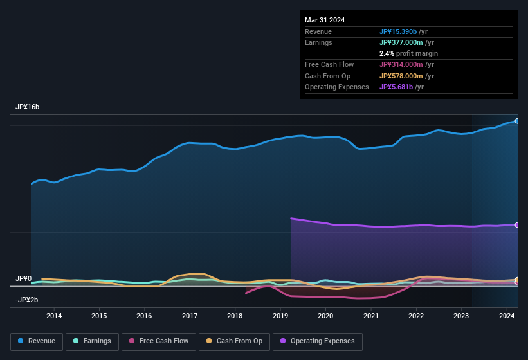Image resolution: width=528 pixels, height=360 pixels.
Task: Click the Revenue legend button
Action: [37, 341]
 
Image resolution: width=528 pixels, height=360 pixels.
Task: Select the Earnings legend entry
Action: [92, 341]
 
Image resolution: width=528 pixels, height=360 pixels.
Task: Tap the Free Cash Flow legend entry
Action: [159, 341]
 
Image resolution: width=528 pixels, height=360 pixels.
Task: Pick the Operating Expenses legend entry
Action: [318, 341]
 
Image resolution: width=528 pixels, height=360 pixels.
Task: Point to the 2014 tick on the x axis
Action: [54, 316]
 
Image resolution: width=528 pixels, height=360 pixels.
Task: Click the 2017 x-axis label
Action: [190, 316]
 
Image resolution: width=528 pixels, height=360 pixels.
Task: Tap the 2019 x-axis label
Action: [280, 316]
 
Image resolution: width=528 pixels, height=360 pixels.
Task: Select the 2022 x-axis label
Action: [416, 316]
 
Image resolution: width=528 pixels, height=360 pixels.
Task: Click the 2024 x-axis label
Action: [507, 316]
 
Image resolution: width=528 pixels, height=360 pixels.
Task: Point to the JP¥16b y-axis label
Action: [28, 107]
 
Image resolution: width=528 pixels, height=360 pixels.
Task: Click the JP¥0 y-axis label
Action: [23, 279]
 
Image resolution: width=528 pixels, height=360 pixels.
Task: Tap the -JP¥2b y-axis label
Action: [27, 300]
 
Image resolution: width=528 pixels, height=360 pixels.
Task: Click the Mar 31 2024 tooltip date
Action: [325, 20]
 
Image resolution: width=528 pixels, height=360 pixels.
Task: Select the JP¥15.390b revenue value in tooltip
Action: [402, 32]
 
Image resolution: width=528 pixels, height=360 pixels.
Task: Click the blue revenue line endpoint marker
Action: [516, 121]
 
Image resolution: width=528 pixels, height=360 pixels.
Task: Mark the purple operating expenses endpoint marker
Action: [516, 225]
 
